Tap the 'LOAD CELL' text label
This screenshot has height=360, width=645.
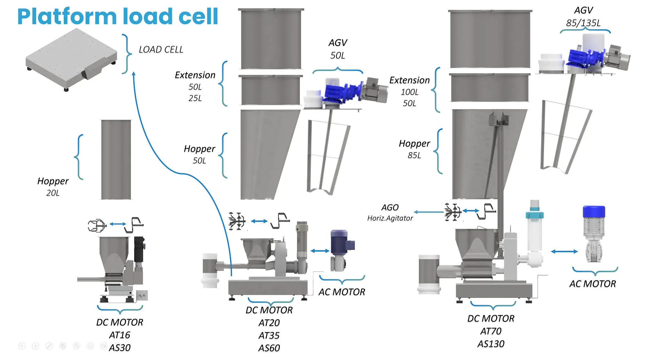pyautogui.click(x=161, y=50)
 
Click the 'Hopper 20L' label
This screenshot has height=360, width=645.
pyautogui.click(x=53, y=187)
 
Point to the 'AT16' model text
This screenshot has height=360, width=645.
pyautogui.click(x=120, y=335)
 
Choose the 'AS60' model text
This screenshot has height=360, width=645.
pyautogui.click(x=269, y=348)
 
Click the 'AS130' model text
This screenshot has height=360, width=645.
pyautogui.click(x=491, y=344)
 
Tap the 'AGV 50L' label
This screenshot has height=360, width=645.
pyautogui.click(x=338, y=49)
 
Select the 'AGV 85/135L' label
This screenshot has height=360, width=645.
pyautogui.click(x=583, y=17)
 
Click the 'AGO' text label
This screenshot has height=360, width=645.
pyautogui.click(x=390, y=208)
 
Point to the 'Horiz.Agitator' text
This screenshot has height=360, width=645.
pyautogui.click(x=390, y=218)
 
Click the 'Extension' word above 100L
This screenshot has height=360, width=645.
pyautogui.click(x=410, y=80)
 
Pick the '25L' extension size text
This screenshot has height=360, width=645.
pyautogui.click(x=195, y=98)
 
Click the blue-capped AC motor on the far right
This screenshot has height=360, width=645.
pyautogui.click(x=594, y=234)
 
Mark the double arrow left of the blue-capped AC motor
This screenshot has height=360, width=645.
pyautogui.click(x=564, y=251)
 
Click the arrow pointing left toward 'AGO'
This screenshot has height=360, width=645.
pyautogui.click(x=429, y=212)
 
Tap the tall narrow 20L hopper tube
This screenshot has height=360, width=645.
pyautogui.click(x=116, y=160)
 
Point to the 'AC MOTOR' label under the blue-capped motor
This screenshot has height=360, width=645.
pyautogui.click(x=592, y=284)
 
